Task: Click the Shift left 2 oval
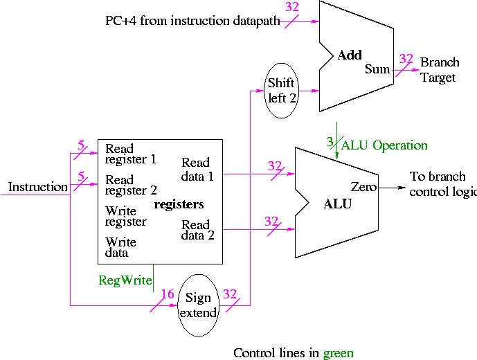(282, 91)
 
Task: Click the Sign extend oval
(199, 305)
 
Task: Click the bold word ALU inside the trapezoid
(338, 204)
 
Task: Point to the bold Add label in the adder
(350, 55)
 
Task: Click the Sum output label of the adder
(377, 69)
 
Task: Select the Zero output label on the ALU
(363, 187)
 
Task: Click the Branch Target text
(438, 70)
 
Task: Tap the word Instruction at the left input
(37, 187)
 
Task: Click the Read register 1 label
(130, 154)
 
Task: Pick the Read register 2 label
(130, 185)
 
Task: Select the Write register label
(125, 216)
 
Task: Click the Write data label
(120, 248)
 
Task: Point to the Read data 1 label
(197, 170)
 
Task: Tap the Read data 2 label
(197, 230)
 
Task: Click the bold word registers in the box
(179, 204)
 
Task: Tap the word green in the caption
(338, 353)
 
